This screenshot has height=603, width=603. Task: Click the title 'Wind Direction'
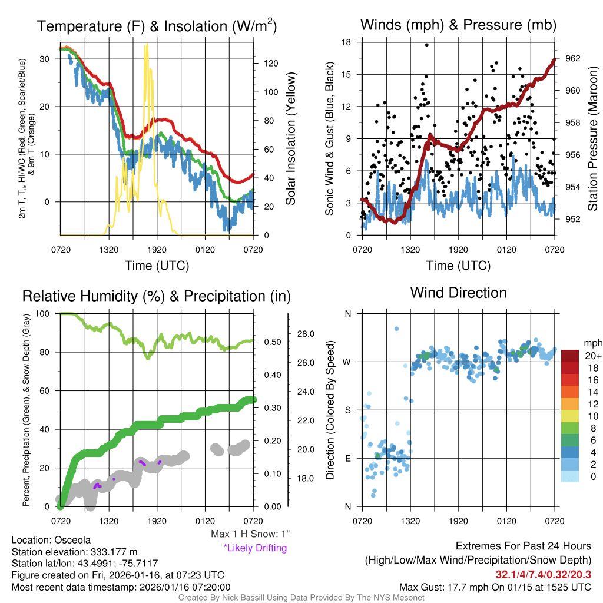click(458, 293)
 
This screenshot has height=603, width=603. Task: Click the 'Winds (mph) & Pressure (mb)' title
click(458, 25)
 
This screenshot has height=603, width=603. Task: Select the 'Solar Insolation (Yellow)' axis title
click(290, 139)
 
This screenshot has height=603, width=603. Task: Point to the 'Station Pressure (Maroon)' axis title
click(592, 139)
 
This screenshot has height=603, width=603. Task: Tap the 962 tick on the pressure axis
click(574, 58)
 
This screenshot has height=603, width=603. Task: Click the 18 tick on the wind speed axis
click(347, 42)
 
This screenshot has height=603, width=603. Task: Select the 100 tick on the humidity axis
click(42, 314)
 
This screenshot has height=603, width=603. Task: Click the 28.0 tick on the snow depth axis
click(306, 334)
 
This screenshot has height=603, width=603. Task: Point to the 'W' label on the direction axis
click(347, 362)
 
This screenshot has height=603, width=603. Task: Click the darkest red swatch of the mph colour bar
click(571, 356)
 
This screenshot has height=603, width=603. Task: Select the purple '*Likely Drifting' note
click(255, 548)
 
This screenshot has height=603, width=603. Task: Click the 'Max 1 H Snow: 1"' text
click(251, 534)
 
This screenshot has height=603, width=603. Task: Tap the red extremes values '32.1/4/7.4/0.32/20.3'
click(543, 574)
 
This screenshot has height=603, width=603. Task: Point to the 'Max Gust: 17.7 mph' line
click(495, 587)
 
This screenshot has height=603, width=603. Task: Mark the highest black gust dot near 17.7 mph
click(426, 45)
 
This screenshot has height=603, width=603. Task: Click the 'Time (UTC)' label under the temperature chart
click(157, 266)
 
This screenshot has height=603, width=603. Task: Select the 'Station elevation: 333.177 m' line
click(74, 551)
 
